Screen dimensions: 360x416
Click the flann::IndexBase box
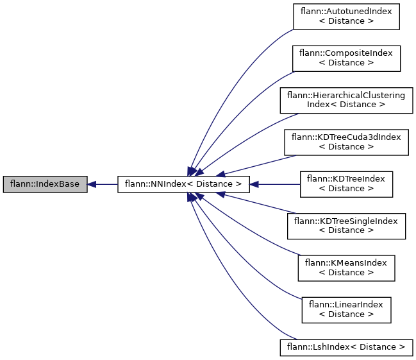(x=44, y=184)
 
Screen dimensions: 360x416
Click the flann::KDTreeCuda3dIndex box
(x=346, y=142)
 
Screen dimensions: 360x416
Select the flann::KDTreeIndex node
(x=346, y=184)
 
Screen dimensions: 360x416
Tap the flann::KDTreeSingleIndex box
(x=346, y=226)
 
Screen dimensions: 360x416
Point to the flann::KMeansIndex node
(x=346, y=268)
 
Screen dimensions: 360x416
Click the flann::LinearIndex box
(x=346, y=310)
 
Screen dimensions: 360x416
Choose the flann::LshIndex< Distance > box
(x=346, y=347)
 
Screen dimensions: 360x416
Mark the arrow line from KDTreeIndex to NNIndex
(x=276, y=184)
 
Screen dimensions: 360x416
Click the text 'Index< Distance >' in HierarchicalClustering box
(x=346, y=104)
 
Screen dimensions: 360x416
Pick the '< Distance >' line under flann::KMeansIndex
(x=346, y=273)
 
